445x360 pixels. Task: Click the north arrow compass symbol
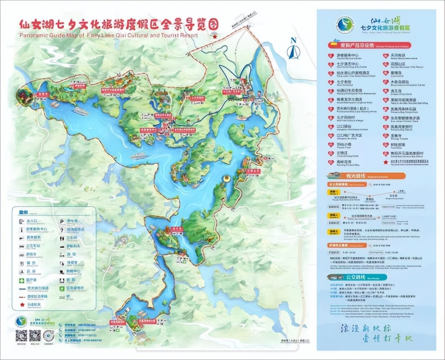click(294, 49)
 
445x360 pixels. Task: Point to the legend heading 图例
click(23, 212)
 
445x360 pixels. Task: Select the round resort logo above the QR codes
click(19, 321)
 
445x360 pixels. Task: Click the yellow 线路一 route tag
click(334, 192)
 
